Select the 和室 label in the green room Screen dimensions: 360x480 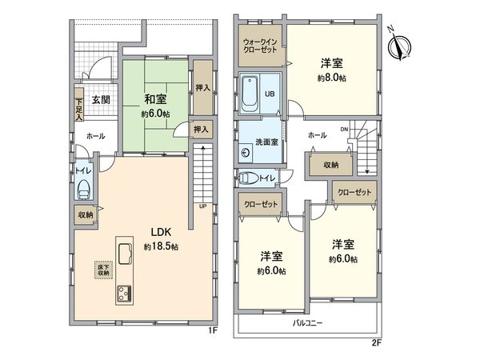[155, 100]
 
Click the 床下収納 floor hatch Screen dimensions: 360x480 [102, 270]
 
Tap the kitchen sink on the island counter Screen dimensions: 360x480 [127, 255]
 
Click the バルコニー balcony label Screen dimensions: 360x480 [302, 323]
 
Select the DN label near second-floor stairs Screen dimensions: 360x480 [344, 129]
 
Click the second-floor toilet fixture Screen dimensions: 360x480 [250, 178]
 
